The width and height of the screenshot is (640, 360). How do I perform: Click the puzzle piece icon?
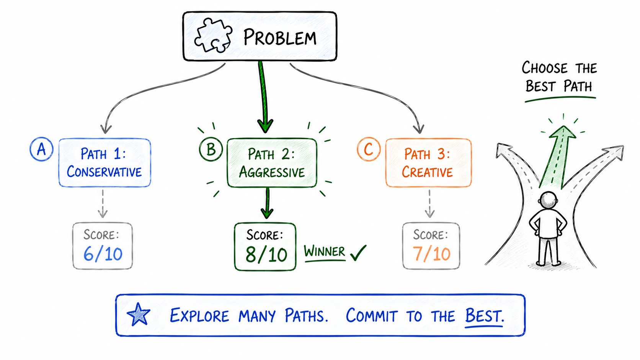tap(213, 36)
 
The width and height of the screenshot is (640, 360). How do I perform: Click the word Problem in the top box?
tap(280, 37)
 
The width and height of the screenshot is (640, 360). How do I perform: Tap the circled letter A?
tap(41, 149)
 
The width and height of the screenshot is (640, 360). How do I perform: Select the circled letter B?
tap(211, 149)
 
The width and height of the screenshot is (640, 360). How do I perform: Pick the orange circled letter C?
tap(369, 149)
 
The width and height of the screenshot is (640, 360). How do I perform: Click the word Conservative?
tap(104, 171)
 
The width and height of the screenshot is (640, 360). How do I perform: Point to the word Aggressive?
tap(272, 172)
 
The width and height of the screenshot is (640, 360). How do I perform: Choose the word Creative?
tap(428, 172)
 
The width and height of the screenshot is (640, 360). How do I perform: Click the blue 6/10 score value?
tap(103, 254)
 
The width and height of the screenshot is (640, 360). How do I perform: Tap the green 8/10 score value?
tap(266, 255)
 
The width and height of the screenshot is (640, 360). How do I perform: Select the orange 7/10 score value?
tap(431, 254)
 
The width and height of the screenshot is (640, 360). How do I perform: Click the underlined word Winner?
tap(324, 252)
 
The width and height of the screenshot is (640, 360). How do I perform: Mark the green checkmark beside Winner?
tap(358, 253)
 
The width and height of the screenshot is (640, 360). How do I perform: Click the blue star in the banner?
tap(139, 314)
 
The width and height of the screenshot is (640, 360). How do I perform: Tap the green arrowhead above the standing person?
tap(563, 132)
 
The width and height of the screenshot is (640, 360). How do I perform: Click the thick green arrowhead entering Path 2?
tap(265, 125)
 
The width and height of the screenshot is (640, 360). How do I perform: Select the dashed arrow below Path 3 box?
tap(429, 204)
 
